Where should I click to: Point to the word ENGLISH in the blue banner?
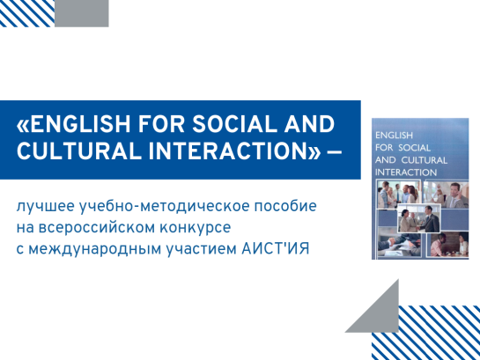click(80, 124)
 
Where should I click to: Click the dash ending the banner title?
click(335, 151)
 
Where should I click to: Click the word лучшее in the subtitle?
click(46, 207)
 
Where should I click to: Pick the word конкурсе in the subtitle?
click(196, 228)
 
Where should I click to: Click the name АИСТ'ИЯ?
click(276, 248)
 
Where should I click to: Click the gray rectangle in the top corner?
click(81, 13)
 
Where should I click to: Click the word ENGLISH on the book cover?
click(394, 136)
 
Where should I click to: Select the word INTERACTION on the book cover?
click(406, 173)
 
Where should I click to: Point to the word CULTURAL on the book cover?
click(425, 160)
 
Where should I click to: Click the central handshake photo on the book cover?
click(419, 218)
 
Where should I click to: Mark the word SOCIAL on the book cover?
click(415, 148)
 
